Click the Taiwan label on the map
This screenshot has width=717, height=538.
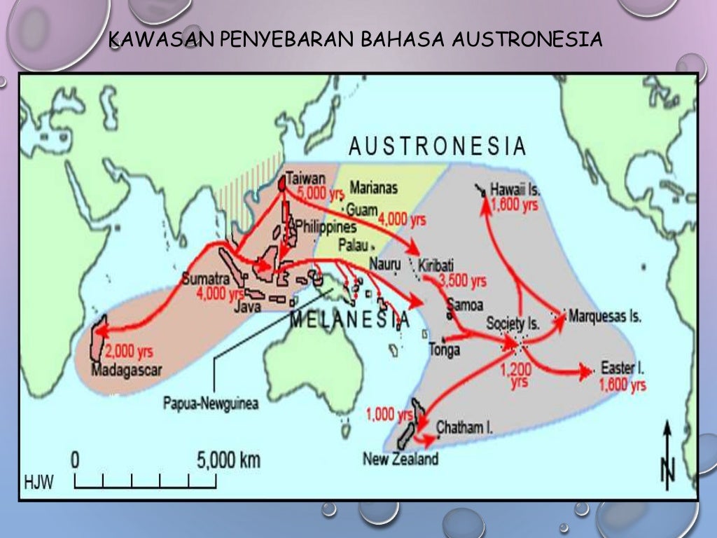[306, 179]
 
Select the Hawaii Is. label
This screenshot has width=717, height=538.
[515, 190]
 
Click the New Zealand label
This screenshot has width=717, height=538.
[401, 459]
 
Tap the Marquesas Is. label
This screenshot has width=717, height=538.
[605, 316]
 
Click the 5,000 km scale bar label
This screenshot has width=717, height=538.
[228, 460]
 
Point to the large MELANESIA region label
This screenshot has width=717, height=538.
[349, 322]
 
